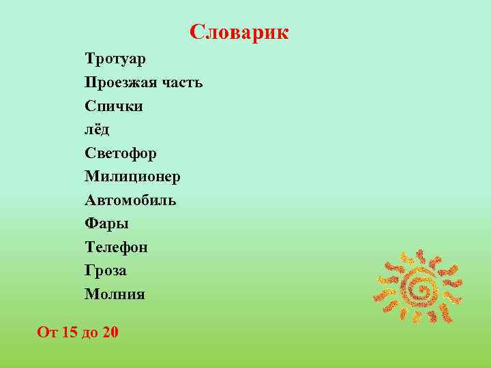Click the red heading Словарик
239,32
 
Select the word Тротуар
115,59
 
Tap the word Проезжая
121,83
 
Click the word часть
182,83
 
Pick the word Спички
114,106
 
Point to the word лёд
97,129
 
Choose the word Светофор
121,153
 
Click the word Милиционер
133,177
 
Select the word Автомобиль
131,200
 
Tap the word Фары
107,224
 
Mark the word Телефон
116,247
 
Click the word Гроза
106,271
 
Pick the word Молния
115,294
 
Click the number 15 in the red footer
70,333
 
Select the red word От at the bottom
47,333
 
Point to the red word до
90,333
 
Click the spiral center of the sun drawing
420,289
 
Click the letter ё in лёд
97,129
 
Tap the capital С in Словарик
196,32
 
